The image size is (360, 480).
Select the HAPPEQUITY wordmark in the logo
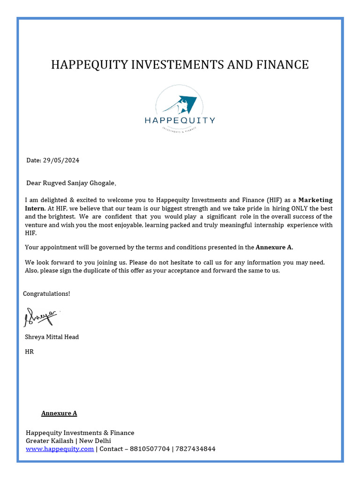point(180,120)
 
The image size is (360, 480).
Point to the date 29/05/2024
point(61,160)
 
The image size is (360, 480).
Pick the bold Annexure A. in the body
point(274,247)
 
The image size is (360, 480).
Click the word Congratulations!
point(47,293)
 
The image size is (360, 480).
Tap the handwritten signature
point(41,317)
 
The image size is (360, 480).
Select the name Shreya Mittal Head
point(52,337)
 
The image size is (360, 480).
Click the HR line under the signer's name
point(29,352)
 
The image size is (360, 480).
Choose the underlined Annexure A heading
point(59,413)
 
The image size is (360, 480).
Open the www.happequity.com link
point(60,449)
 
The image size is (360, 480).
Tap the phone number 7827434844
point(195,449)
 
